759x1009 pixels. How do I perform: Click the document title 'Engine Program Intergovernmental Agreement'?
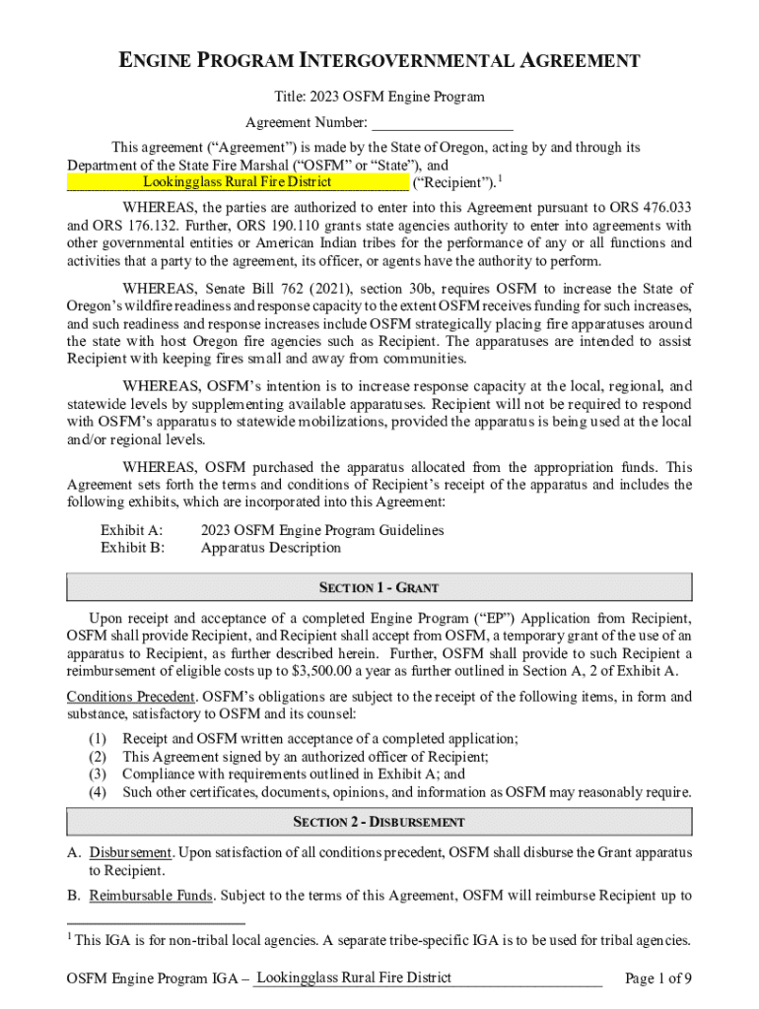379,62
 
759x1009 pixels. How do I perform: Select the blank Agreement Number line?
443,124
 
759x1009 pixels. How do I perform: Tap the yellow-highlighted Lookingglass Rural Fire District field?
237,182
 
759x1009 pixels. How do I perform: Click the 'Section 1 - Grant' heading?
379,588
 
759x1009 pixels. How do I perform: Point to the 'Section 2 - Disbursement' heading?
379,822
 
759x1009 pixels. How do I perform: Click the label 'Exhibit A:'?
131,530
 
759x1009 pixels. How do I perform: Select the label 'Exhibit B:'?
132,548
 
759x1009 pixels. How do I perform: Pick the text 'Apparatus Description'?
271,548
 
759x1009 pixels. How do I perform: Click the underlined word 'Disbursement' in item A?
131,851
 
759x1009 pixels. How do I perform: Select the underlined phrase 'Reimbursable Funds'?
149,897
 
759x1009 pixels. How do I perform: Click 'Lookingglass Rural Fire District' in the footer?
352,977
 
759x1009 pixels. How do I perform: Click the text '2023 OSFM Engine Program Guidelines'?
322,530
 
